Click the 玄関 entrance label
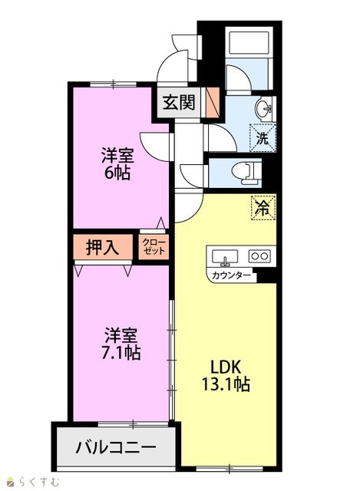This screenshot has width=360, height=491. coord(179,102)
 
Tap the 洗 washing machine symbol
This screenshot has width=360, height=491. coord(263,138)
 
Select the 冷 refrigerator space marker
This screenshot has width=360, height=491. coord(263,208)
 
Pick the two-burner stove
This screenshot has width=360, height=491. coord(259,256)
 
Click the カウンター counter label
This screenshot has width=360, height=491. coord(231,275)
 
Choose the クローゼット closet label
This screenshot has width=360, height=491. coord(154,247)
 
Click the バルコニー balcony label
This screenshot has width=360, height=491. coord(116,447)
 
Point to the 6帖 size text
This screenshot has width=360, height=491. coord(117,173)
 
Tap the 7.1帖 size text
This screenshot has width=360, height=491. coord(121,353)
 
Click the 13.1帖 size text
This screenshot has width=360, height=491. coord(226,384)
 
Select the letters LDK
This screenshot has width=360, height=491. coord(225,367)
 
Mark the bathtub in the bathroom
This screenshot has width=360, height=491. coord(249,43)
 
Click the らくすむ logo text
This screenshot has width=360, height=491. coord(38,482)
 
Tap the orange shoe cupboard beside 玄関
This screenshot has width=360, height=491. coord(213,102)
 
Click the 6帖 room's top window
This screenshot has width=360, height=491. coord(113,84)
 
